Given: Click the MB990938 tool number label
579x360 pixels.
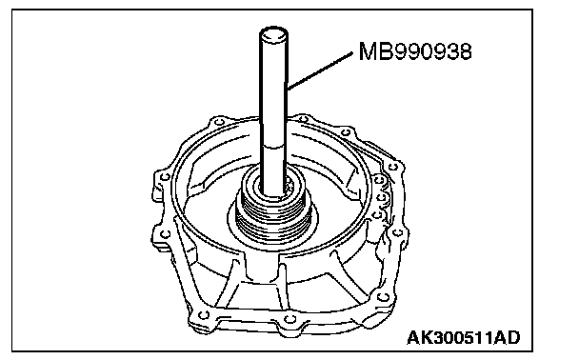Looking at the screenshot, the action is pos(415,51).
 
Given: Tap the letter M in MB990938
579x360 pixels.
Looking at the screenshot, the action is pos(367,51).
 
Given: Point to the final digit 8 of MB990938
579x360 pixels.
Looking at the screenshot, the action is pos(465,51).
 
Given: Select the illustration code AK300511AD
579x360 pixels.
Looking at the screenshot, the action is pos(464,337).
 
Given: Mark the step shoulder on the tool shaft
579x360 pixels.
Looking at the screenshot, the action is pos(273,147).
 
